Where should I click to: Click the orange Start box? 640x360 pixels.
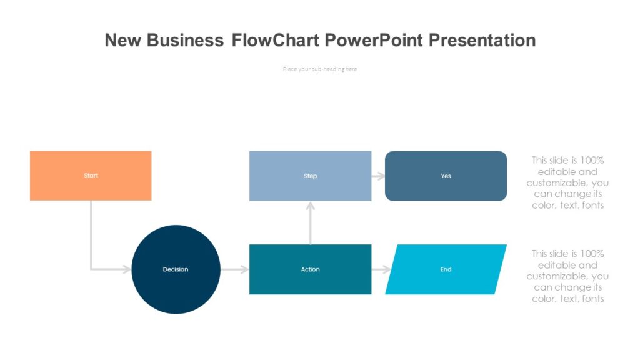[91, 176]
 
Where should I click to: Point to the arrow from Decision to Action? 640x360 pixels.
[234, 269]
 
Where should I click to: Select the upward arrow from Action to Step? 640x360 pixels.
[310, 222]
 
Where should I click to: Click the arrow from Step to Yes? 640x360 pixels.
[378, 176]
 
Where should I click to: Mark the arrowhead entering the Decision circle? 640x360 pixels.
[127, 269]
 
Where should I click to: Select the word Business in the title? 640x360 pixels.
[185, 41]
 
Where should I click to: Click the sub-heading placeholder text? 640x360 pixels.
[320, 69]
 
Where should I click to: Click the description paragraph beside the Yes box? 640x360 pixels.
[567, 182]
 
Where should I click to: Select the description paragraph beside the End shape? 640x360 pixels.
[567, 276]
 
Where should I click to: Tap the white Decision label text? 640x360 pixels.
[176, 269]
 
